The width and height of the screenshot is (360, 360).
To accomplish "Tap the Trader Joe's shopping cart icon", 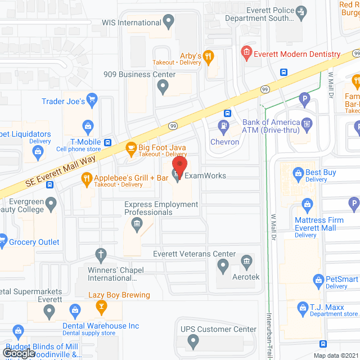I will tap(92, 101).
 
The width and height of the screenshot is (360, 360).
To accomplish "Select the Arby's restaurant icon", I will tap(208, 56).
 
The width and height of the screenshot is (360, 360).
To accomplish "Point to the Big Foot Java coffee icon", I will tap(130, 149).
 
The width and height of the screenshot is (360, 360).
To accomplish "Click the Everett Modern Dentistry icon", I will tap(246, 55).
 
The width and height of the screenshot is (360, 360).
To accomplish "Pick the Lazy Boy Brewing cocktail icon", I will tap(101, 307).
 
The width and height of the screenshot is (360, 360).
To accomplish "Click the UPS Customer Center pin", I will tap(193, 340).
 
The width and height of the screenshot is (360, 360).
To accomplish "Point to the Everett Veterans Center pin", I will tap(223, 265).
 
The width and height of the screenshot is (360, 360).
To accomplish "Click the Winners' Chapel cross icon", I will tap(101, 255).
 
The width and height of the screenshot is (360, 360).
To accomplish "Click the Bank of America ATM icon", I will tap(307, 123).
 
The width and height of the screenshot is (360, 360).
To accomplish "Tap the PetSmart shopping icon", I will tap(318, 279).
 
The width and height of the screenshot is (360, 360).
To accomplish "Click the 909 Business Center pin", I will tap(163, 87).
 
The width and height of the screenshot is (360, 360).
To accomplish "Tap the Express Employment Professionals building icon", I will tap(136, 226).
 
